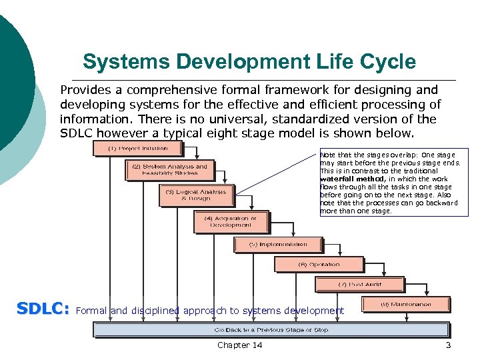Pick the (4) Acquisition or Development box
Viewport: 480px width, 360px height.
click(231, 221)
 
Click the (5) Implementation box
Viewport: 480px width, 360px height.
click(277, 245)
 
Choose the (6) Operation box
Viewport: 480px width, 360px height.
click(319, 265)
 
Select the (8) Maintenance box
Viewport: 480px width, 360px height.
click(405, 305)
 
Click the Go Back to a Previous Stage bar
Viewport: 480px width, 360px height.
click(271, 329)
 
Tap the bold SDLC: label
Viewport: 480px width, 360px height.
click(43, 309)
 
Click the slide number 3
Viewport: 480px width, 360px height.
click(449, 345)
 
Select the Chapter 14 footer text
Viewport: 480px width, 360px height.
click(240, 345)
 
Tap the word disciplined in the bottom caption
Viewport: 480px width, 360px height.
click(155, 311)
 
